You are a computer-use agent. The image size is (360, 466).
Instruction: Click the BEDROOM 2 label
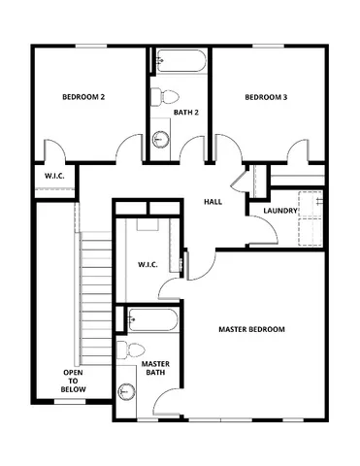[x=83, y=97]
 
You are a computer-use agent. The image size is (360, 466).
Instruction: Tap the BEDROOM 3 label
[x=265, y=97]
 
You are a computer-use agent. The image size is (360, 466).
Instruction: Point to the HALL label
[x=213, y=202]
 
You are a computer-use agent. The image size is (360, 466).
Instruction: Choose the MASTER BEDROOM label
[x=251, y=330]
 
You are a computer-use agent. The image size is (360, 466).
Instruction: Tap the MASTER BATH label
[x=156, y=368]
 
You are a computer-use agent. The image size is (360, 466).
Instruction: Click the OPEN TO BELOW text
[x=74, y=381]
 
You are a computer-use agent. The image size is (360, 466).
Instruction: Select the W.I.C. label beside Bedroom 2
[x=55, y=176]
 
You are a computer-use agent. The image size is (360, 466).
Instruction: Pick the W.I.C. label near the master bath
[x=147, y=264]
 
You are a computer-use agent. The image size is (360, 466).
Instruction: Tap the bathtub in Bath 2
[x=180, y=62]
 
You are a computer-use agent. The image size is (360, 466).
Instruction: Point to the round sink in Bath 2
[x=161, y=140]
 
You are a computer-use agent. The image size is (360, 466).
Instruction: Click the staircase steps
[x=93, y=291]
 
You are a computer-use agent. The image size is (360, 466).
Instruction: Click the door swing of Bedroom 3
[x=299, y=151]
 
